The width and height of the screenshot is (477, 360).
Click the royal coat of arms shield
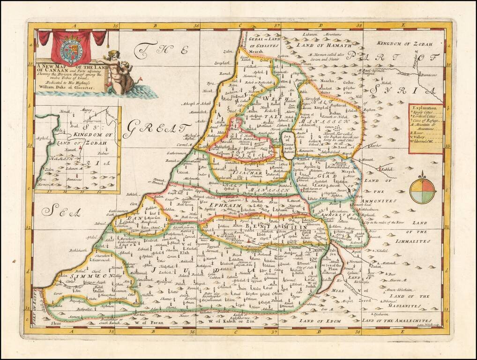click(x=72, y=49)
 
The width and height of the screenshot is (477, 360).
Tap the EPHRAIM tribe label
click(x=227, y=206)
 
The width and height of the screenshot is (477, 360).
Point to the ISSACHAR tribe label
click(x=234, y=172)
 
